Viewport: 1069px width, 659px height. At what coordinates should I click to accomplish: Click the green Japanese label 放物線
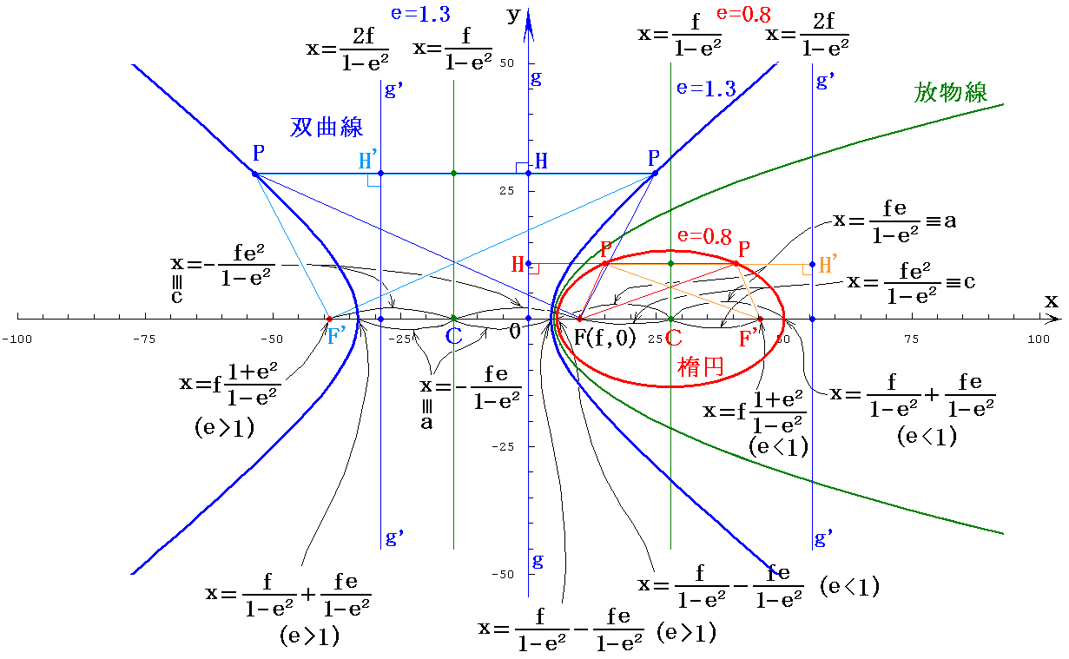tap(951, 92)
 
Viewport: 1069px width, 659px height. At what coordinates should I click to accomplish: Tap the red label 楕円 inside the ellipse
tap(700, 367)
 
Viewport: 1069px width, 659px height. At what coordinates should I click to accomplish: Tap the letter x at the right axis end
tap(1052, 300)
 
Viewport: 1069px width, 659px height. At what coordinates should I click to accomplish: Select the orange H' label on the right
tap(829, 265)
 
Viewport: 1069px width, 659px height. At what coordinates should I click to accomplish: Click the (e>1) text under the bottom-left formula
tap(308, 636)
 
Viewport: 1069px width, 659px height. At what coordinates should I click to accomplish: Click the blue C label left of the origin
tap(453, 337)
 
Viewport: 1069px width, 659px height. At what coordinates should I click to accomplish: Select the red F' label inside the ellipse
tap(749, 338)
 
